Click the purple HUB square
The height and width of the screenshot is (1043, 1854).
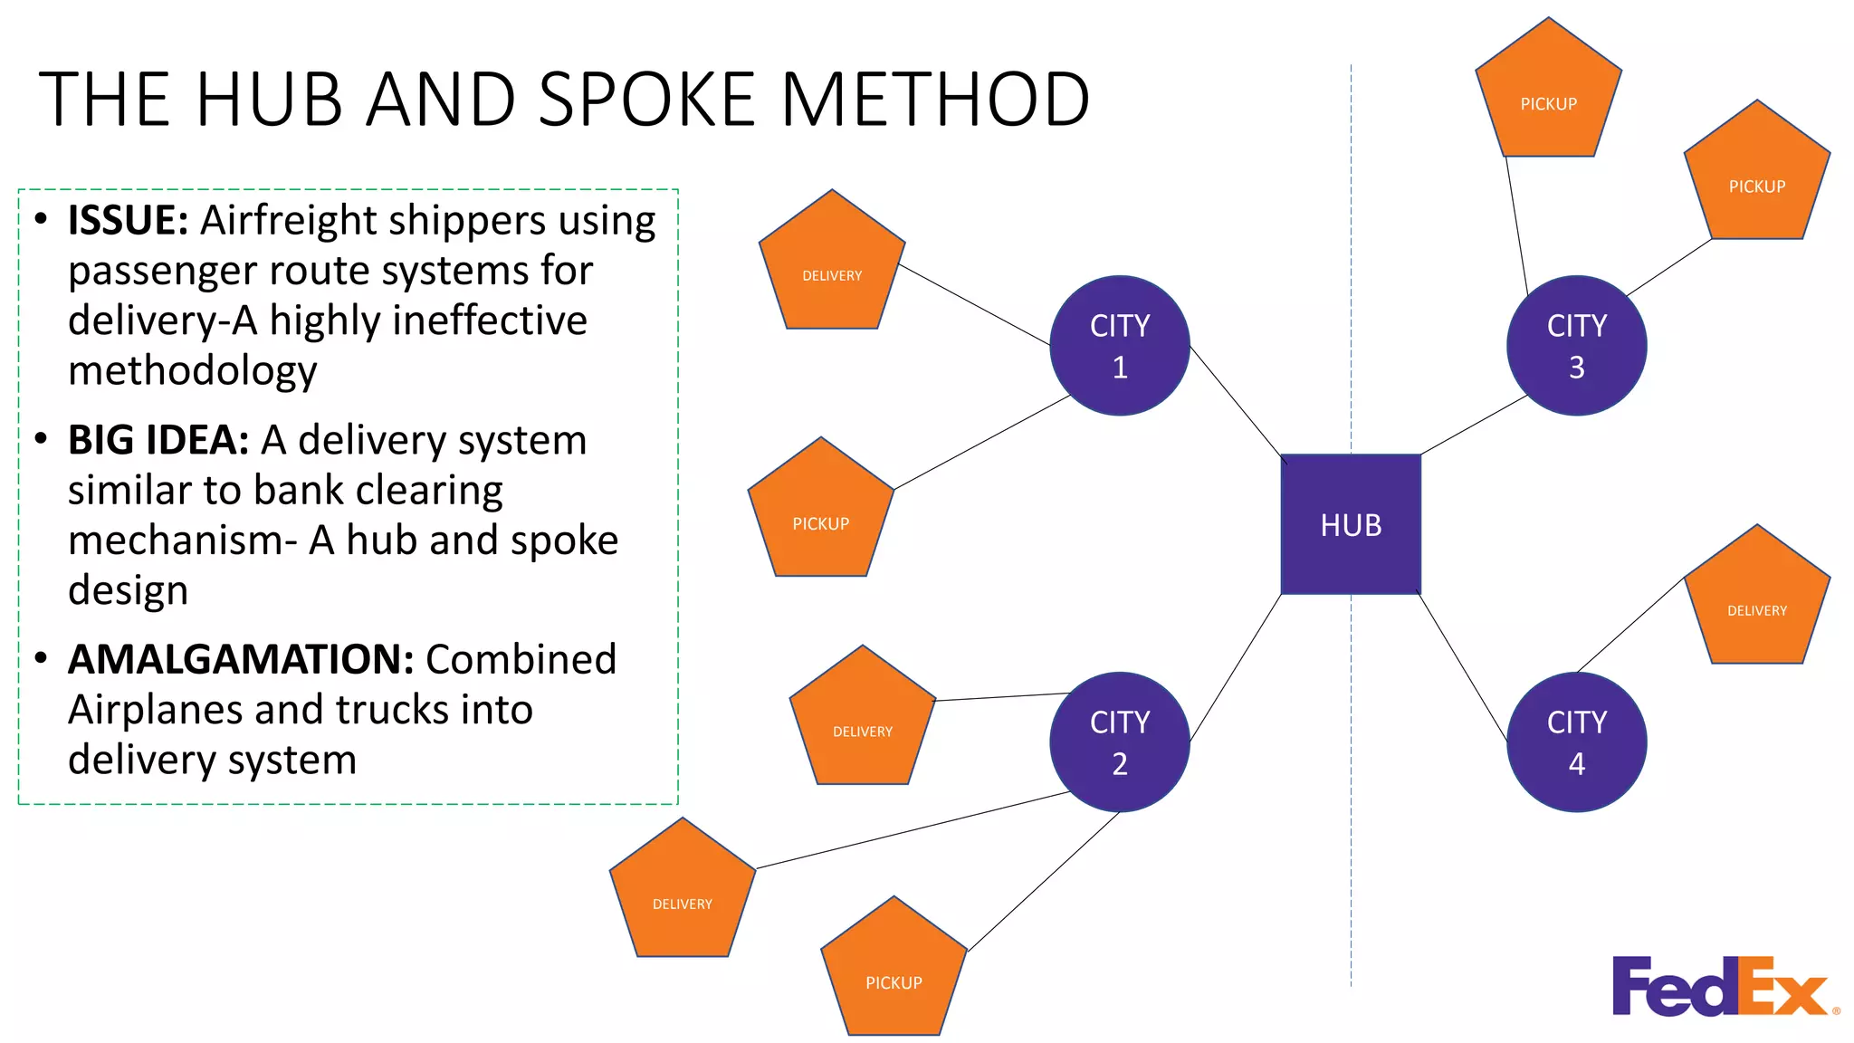click(x=1351, y=524)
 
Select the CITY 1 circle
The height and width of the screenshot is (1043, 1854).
click(x=1120, y=346)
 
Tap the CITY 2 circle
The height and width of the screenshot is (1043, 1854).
click(x=1120, y=742)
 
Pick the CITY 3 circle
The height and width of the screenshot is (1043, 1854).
click(x=1576, y=346)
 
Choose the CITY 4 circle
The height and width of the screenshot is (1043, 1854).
click(x=1576, y=742)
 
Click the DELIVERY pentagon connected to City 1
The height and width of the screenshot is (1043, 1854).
click(x=832, y=267)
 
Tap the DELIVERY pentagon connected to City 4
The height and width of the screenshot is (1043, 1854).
click(x=1756, y=602)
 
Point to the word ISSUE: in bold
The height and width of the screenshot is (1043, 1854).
click(x=128, y=221)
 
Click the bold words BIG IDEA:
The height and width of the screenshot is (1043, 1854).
click(x=158, y=441)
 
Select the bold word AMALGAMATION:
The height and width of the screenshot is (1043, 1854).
click(x=241, y=660)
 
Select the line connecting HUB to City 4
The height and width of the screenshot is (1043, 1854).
click(x=1463, y=667)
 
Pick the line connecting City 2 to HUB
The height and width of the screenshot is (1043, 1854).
click(x=1236, y=668)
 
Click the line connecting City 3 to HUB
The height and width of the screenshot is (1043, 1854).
click(x=1474, y=425)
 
